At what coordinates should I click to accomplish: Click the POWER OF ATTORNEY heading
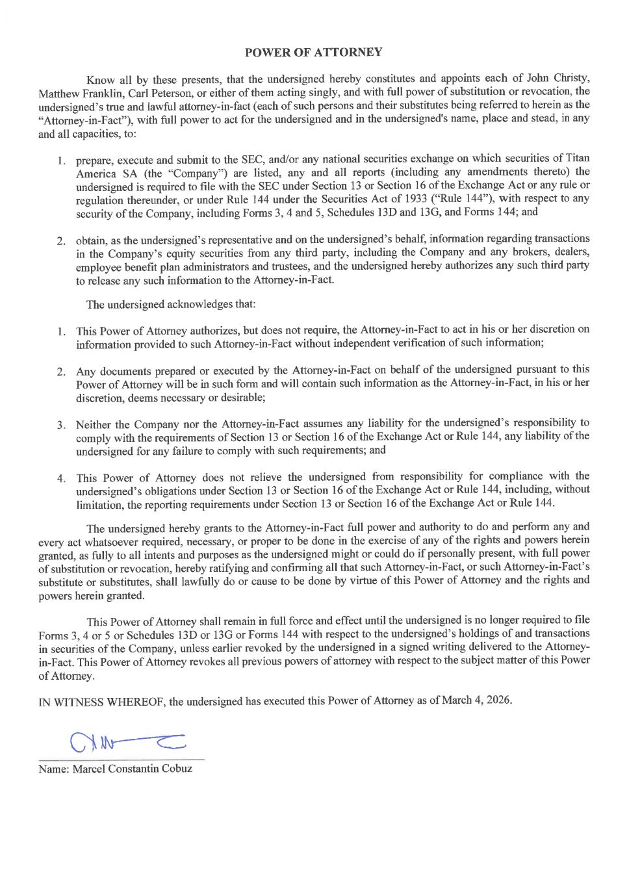tap(313, 52)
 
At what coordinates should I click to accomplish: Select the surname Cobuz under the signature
tap(177, 768)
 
